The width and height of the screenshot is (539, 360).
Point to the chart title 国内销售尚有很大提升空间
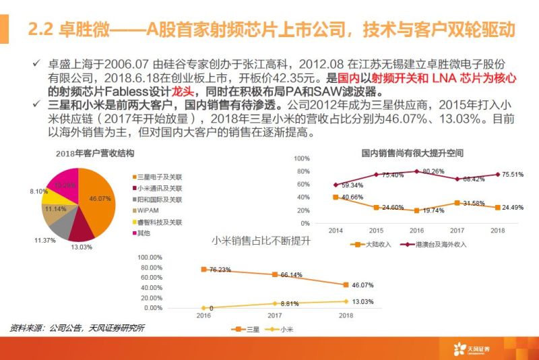coord(412,154)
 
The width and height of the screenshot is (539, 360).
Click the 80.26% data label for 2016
coord(429,171)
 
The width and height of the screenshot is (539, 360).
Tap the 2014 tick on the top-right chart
coord(336,231)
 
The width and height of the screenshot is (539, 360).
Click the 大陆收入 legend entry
coord(371,244)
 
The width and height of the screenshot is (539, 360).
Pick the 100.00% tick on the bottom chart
coord(149,257)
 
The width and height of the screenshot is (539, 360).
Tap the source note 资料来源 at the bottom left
coord(77,328)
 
